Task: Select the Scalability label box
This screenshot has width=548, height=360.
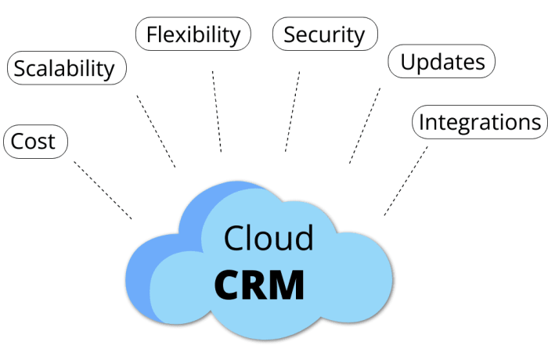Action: point(65,68)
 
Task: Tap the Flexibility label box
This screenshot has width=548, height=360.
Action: point(193,34)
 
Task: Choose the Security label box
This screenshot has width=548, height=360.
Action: point(324,34)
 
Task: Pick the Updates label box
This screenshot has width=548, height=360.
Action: point(442,62)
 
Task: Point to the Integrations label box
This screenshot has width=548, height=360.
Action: point(478,122)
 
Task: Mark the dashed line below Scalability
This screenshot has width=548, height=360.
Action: point(156,131)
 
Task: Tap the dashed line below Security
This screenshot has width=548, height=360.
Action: point(292,111)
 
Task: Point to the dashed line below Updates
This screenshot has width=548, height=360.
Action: point(365,125)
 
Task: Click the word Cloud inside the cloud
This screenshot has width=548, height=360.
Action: point(269,238)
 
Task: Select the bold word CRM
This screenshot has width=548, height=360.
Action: point(259,286)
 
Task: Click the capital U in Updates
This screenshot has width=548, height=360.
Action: point(409,62)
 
